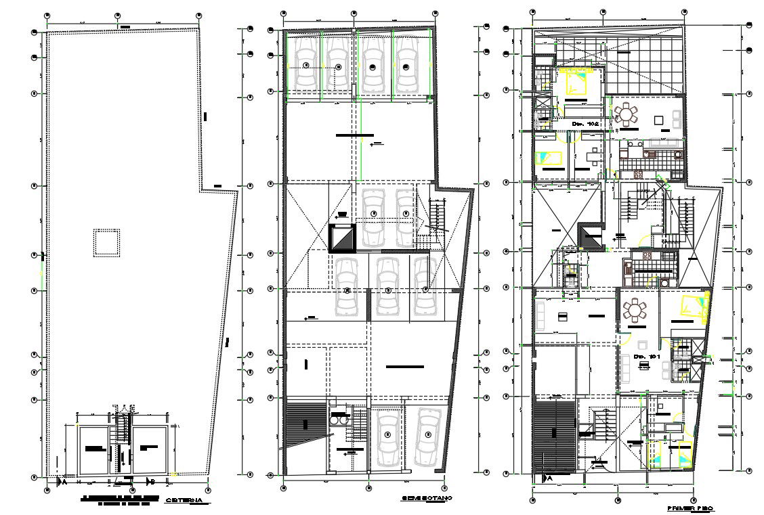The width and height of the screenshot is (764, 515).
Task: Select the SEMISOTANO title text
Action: point(426,498)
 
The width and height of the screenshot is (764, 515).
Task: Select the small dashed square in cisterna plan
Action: point(106,242)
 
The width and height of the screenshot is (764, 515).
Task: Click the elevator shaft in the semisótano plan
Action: point(342,239)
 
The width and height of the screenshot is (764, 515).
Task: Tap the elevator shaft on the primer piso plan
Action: point(588,238)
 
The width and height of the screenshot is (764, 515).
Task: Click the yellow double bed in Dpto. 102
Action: point(577,84)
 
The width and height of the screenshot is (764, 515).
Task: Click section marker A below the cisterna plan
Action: point(62,482)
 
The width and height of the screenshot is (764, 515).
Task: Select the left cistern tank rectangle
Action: point(93,449)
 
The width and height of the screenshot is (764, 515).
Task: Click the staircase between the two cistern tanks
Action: point(122,447)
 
